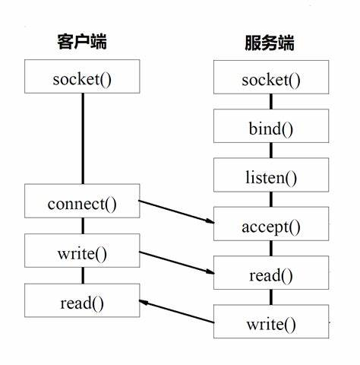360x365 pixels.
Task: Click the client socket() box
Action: tap(82, 78)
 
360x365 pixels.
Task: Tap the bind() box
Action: tap(270, 128)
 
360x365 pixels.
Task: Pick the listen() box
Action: tap(270, 178)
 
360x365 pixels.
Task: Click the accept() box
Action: tap(270, 226)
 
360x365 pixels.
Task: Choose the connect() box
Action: tap(82, 203)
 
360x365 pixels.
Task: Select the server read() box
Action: tap(270, 275)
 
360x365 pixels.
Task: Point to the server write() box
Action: tap(270, 324)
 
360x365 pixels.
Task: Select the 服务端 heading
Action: tap(270, 43)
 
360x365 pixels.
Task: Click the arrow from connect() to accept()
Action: tap(176, 211)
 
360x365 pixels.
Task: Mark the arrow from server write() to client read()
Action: tap(176, 312)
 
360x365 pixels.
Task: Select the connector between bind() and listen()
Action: tap(270, 152)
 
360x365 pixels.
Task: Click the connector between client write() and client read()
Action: tap(82, 275)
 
